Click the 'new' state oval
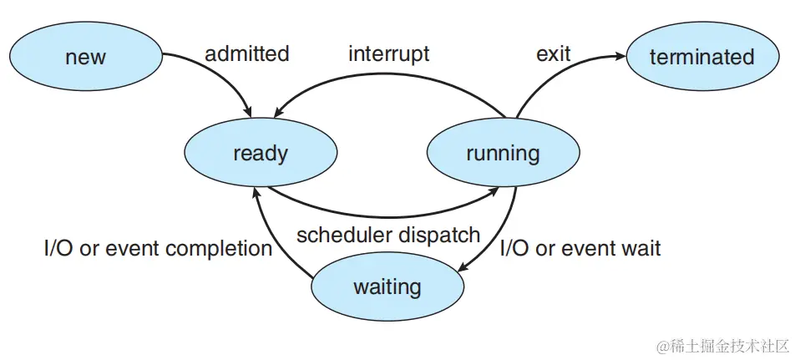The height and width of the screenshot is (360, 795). pyautogui.click(x=86, y=57)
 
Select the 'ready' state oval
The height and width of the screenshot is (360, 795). pyautogui.click(x=261, y=154)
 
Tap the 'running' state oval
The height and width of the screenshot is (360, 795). pyautogui.click(x=503, y=154)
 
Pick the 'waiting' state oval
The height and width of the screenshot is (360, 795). pyautogui.click(x=387, y=287)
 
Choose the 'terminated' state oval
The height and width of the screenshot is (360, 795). pyautogui.click(x=701, y=57)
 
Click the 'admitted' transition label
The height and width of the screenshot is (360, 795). pyautogui.click(x=247, y=54)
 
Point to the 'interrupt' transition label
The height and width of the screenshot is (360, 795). pyautogui.click(x=388, y=54)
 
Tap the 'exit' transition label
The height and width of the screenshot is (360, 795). pyautogui.click(x=553, y=54)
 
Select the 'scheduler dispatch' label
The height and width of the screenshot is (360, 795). pyautogui.click(x=388, y=235)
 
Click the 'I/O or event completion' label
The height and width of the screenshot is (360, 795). pyautogui.click(x=158, y=248)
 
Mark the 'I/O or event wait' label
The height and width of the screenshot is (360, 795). pyautogui.click(x=580, y=248)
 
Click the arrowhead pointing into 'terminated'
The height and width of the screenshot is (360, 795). pyautogui.click(x=620, y=57)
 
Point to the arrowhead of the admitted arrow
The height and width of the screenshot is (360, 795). pyautogui.click(x=248, y=111)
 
